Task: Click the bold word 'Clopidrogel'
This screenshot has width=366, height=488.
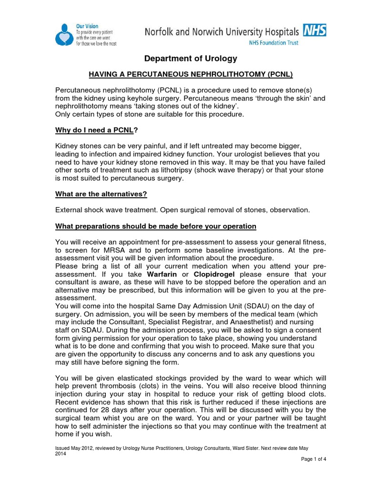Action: [x=213, y=274]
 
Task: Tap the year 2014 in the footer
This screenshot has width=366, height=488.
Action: [x=61, y=454]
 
